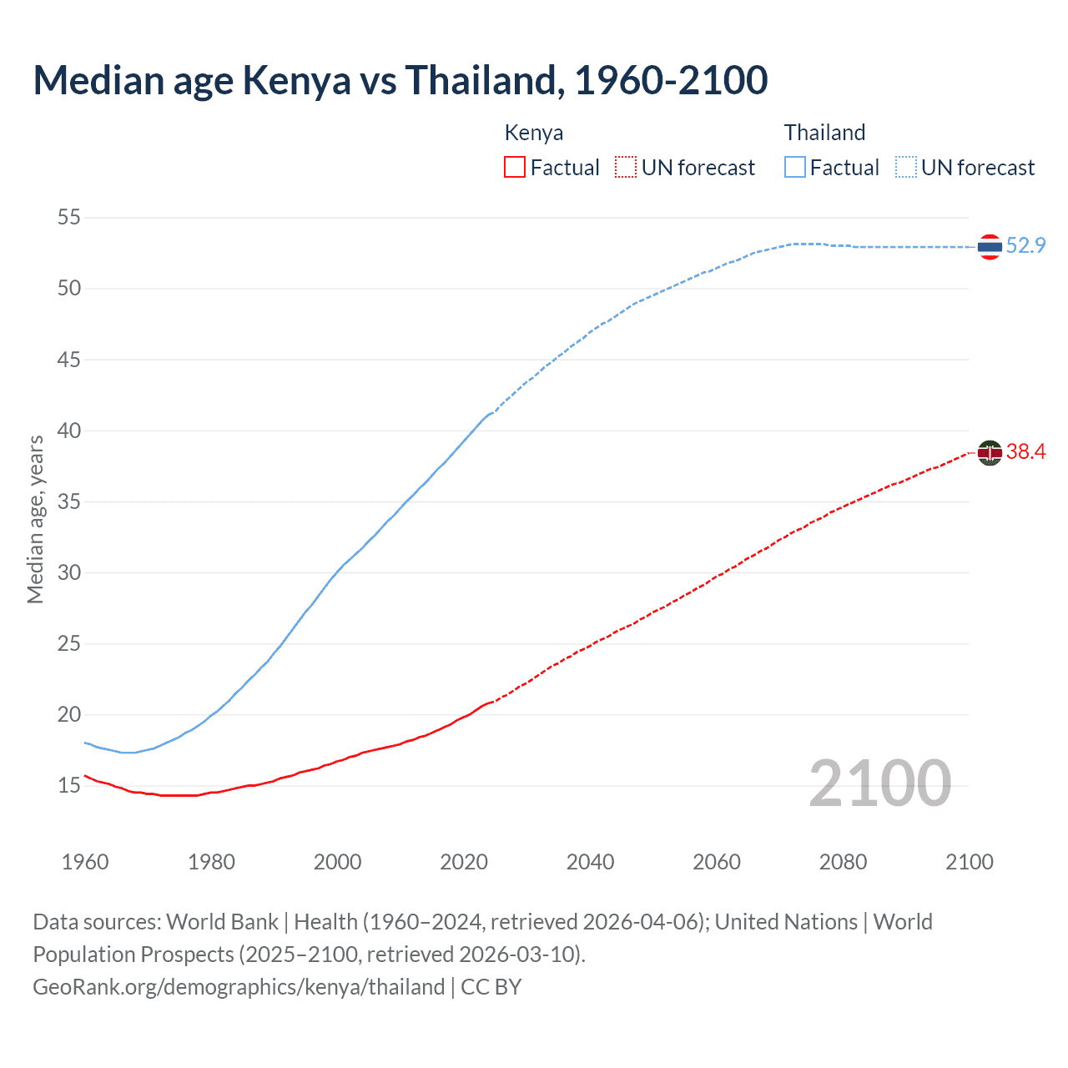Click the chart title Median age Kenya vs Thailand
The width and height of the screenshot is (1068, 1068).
(400, 80)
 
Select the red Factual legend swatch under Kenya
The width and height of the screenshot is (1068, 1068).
(515, 167)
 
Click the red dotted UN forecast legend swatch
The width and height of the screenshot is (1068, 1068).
(626, 167)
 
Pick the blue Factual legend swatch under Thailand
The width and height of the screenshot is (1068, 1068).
(795, 167)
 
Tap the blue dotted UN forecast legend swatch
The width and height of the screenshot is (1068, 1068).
(906, 167)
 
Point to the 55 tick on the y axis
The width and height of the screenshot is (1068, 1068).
(69, 218)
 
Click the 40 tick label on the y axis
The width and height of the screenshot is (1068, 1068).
(69, 431)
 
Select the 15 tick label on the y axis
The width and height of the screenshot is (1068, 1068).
(69, 786)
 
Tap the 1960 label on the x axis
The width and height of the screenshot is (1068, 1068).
(85, 862)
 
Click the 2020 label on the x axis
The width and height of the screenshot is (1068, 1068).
(464, 862)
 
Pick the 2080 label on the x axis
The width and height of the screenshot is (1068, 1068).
(843, 862)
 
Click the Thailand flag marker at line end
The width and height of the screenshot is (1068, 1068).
(990, 247)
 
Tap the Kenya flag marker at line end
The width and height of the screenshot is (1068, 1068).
(990, 453)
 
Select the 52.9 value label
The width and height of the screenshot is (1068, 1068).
(1025, 245)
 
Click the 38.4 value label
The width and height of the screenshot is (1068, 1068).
(1025, 452)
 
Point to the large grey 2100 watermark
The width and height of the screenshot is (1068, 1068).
(879, 783)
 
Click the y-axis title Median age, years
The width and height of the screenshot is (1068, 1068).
(35, 519)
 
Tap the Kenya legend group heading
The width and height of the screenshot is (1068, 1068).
(534, 133)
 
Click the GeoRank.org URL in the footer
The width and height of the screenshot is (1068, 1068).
(239, 987)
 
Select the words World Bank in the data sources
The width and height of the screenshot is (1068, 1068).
(222, 922)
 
